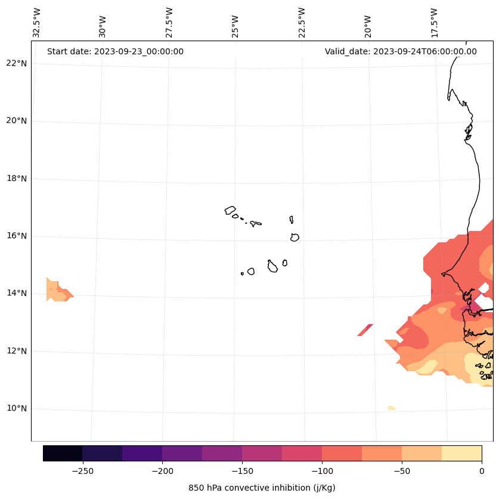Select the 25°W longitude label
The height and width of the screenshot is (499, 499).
(x=235, y=24)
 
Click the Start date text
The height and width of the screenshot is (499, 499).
(x=115, y=51)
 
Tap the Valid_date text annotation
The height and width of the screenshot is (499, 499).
(x=401, y=51)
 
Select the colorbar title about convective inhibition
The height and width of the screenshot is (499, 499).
(x=262, y=488)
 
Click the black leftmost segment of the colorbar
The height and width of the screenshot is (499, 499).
(x=63, y=453)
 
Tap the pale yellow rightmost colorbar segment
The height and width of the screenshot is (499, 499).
(x=461, y=453)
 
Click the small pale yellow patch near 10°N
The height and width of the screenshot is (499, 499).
(x=391, y=408)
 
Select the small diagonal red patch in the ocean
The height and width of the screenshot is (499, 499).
(x=365, y=330)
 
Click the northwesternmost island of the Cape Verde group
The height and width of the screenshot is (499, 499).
(x=230, y=210)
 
